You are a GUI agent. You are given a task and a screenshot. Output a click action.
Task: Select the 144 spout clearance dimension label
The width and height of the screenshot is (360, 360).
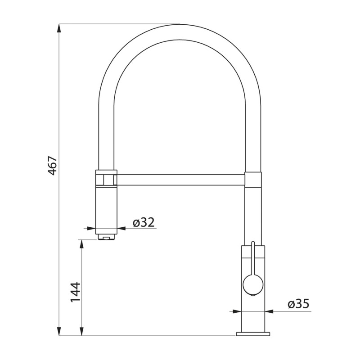76,292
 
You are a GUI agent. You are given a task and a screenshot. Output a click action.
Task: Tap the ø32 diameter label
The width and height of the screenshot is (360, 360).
144,222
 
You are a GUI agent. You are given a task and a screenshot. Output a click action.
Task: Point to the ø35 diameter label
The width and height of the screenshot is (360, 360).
298,304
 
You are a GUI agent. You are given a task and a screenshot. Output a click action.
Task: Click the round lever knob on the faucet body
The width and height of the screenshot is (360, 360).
253,285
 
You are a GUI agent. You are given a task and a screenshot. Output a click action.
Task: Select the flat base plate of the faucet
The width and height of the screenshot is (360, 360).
253,333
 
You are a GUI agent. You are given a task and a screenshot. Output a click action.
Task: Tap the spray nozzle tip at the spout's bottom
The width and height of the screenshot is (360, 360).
106,237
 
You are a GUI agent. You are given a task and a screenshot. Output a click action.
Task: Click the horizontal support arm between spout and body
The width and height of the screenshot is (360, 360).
181,180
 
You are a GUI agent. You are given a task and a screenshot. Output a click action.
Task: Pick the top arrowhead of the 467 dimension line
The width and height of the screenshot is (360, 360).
59,29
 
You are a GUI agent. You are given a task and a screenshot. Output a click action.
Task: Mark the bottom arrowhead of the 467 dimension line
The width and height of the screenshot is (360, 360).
59,331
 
